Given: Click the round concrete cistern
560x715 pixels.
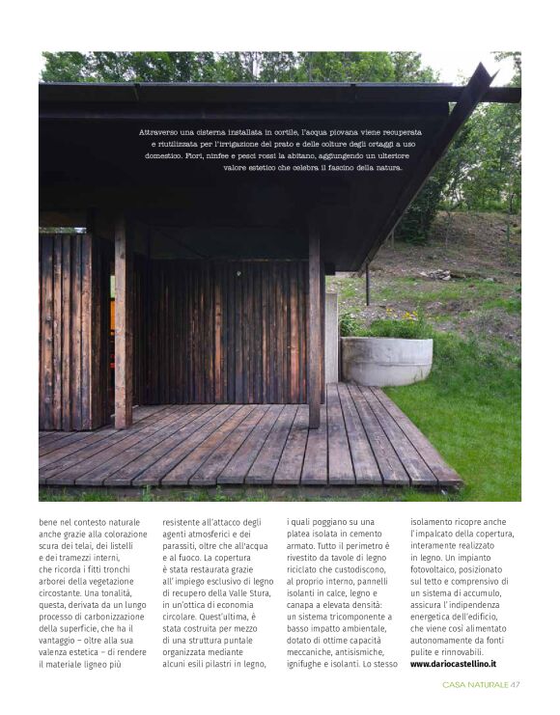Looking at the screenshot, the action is click(386, 360).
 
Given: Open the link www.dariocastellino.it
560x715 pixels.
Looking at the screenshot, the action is click(453, 664).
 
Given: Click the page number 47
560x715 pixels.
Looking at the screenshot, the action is click(516, 685).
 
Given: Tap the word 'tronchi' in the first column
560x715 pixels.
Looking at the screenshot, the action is click(128, 569).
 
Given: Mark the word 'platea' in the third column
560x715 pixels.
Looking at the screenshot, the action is click(304, 534).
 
